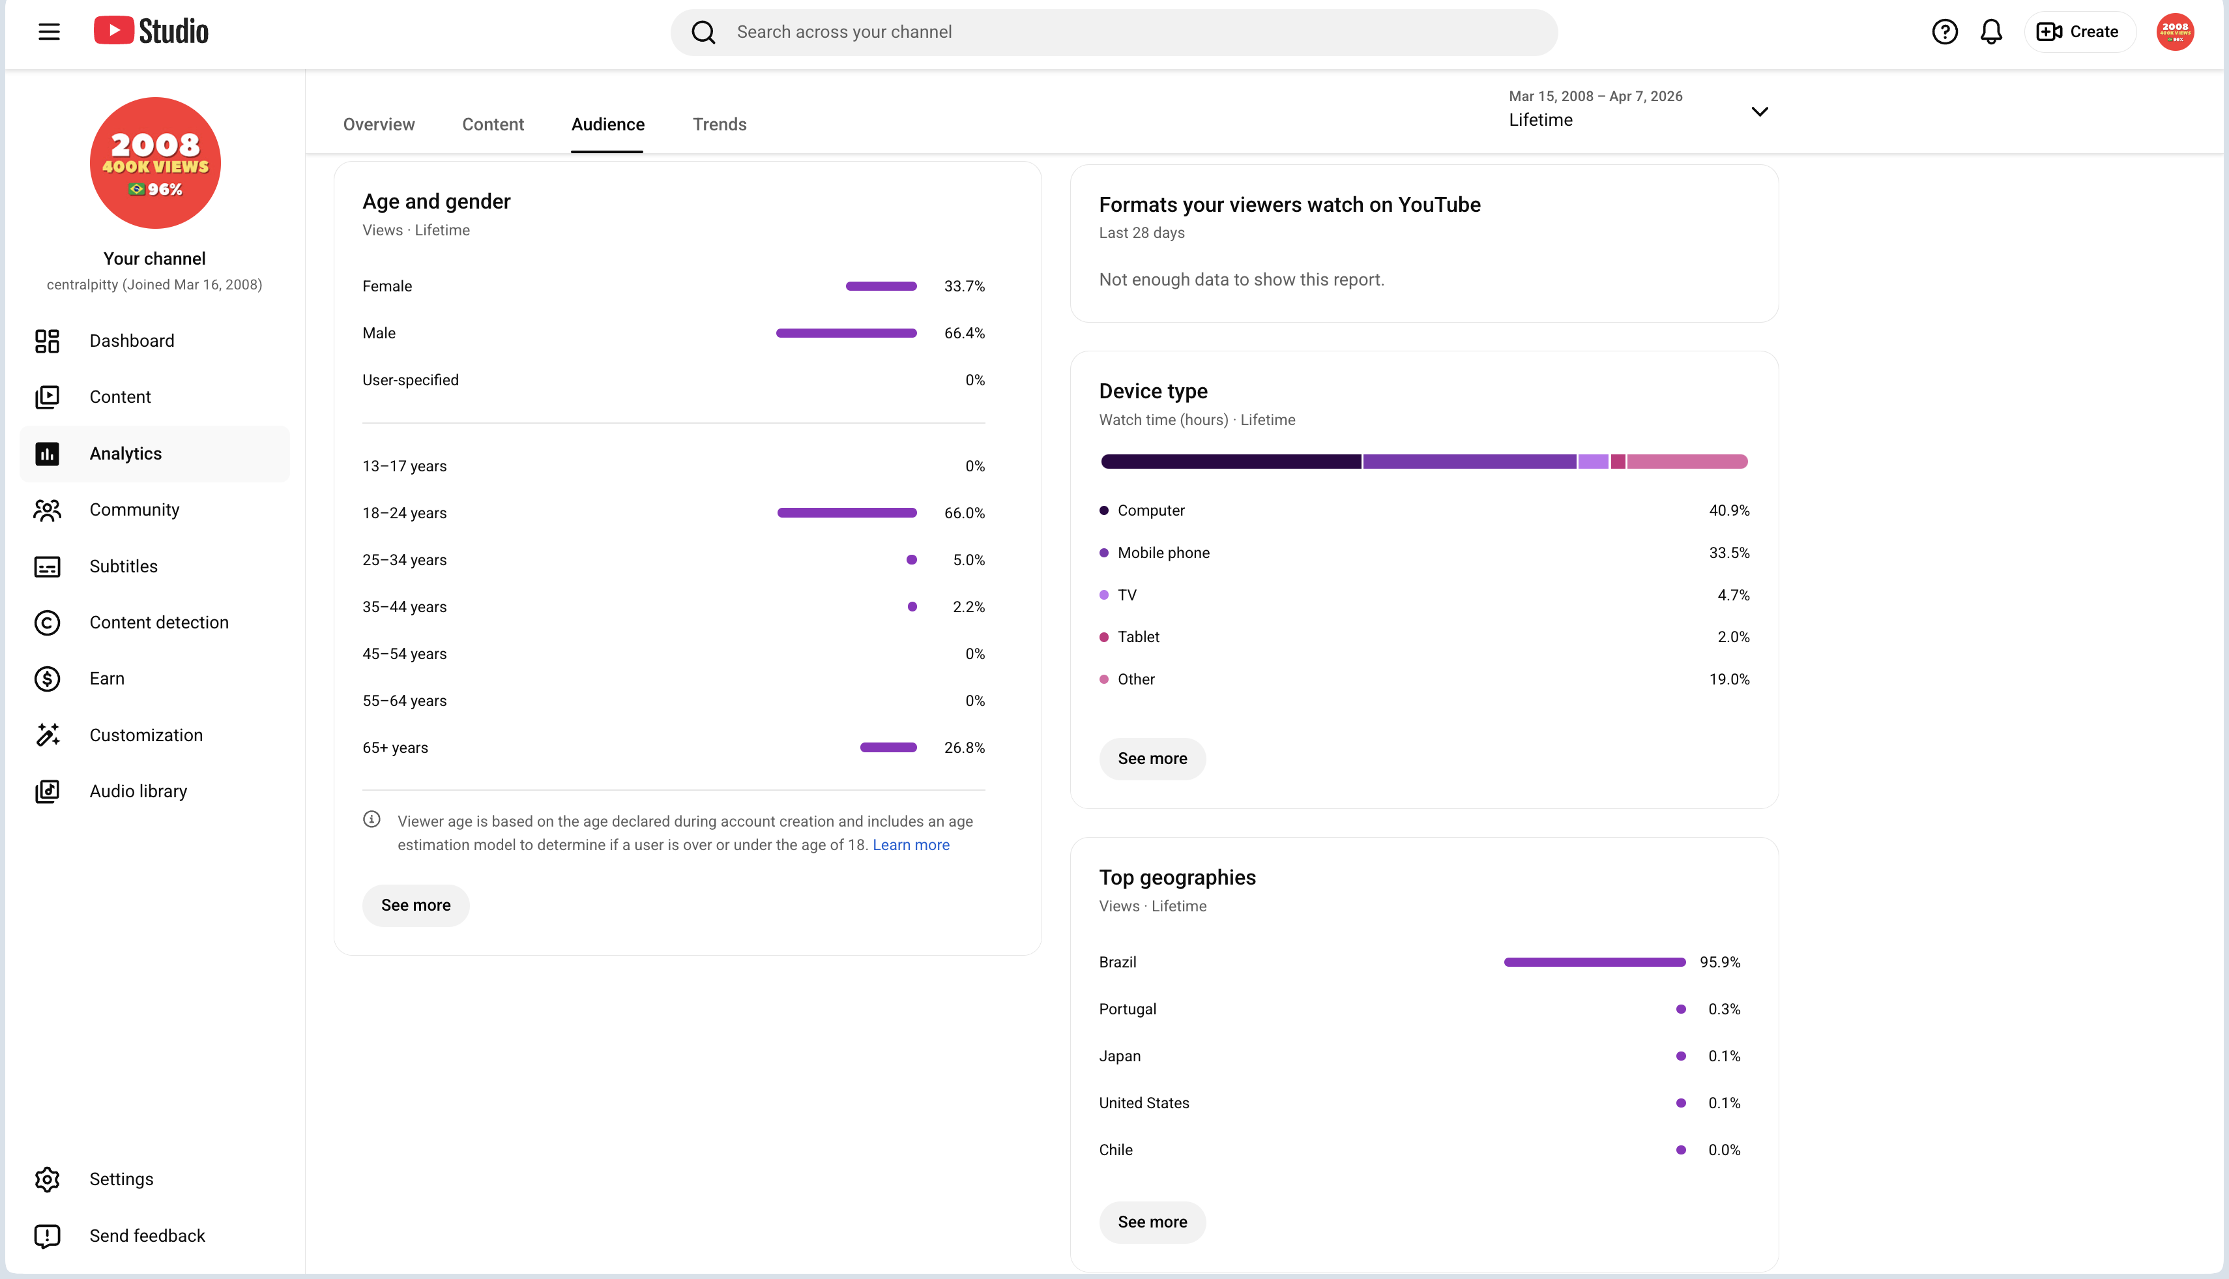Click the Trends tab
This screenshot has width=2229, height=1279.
pyautogui.click(x=720, y=124)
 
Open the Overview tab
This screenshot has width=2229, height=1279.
pyautogui.click(x=379, y=124)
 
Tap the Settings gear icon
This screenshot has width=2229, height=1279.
pyautogui.click(x=48, y=1179)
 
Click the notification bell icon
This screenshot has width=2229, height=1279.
pyautogui.click(x=1991, y=32)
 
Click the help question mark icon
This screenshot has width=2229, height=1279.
pyautogui.click(x=1944, y=32)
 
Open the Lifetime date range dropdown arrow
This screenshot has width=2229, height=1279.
pyautogui.click(x=1759, y=111)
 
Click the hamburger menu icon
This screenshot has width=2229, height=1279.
pyautogui.click(x=49, y=32)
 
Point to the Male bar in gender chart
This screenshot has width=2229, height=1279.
pyautogui.click(x=847, y=333)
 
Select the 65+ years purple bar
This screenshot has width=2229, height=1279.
pyautogui.click(x=889, y=748)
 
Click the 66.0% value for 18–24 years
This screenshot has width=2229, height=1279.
pyautogui.click(x=965, y=513)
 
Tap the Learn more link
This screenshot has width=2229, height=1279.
pyautogui.click(x=911, y=844)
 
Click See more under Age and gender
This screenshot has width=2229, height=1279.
pyautogui.click(x=415, y=905)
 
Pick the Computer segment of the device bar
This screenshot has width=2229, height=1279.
pyautogui.click(x=1231, y=461)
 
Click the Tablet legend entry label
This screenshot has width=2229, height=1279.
pyautogui.click(x=1138, y=637)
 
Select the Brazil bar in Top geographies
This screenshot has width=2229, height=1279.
pyautogui.click(x=1595, y=962)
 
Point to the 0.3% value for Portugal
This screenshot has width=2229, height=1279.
pyautogui.click(x=1724, y=1009)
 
